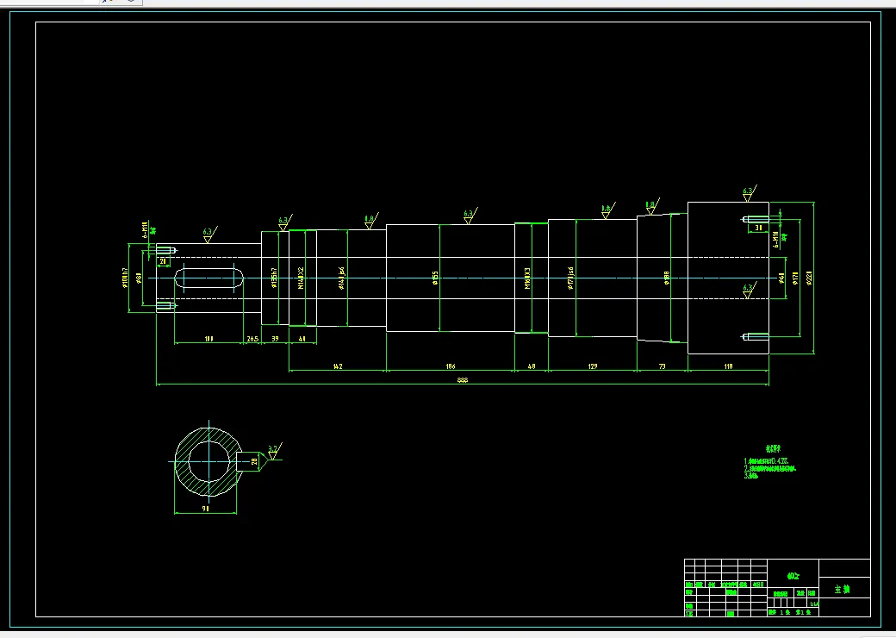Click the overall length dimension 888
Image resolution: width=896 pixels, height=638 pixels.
[462, 380]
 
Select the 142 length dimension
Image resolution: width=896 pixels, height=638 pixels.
[338, 366]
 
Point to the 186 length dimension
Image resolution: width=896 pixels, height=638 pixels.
[450, 366]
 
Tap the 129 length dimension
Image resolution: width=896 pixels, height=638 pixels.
[592, 366]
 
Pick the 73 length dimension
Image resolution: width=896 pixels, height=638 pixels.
[662, 366]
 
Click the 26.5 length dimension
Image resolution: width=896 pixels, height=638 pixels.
[252, 339]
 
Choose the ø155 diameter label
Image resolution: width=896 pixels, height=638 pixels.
[436, 276]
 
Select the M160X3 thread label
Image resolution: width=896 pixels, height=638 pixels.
[527, 277]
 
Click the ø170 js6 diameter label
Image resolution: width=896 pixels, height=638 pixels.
[569, 277]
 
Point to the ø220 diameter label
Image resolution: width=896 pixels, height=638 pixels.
[809, 277]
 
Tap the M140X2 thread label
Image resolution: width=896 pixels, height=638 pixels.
[300, 277]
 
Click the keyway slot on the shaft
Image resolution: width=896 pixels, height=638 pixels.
[208, 278]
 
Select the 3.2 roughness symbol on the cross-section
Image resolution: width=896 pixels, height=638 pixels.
[273, 449]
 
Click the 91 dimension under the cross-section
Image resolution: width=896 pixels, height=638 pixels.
[206, 510]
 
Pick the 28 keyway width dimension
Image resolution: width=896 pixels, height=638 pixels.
[254, 462]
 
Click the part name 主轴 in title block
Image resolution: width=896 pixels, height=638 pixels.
[842, 590]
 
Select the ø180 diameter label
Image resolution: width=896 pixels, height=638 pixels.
[667, 277]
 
